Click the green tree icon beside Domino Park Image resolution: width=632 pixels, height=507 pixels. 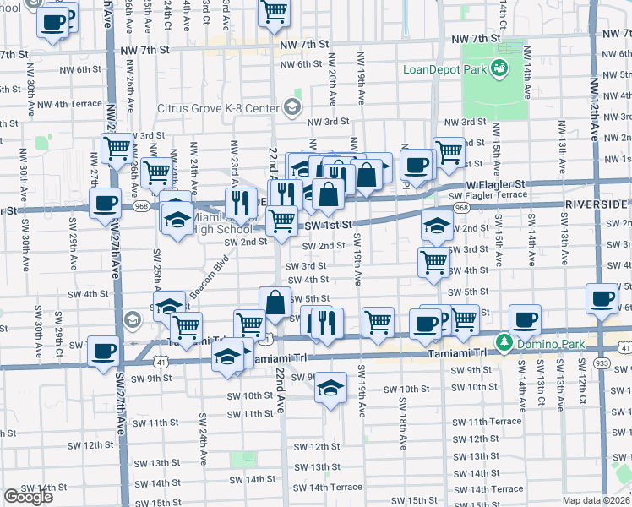(504, 342)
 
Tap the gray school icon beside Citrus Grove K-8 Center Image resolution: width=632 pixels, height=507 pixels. (292, 106)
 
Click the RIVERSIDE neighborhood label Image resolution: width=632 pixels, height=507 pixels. (597, 204)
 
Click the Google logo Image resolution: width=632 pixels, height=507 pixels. (28, 497)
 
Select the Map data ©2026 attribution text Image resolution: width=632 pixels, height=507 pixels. (597, 500)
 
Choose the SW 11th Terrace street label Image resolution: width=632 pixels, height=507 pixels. (493, 421)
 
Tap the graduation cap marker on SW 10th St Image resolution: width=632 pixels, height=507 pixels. (331, 386)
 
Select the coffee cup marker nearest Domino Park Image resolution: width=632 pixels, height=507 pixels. (525, 320)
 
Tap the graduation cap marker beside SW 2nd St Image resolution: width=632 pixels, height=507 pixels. (436, 225)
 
